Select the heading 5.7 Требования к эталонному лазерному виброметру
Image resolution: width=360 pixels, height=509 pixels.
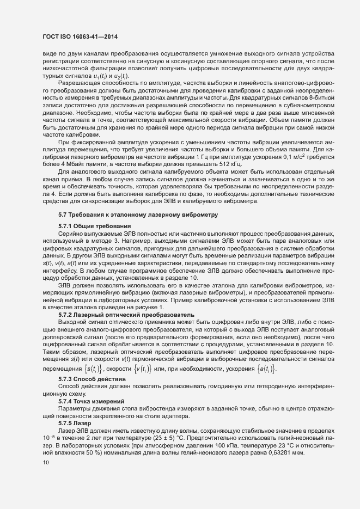[138, 231]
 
